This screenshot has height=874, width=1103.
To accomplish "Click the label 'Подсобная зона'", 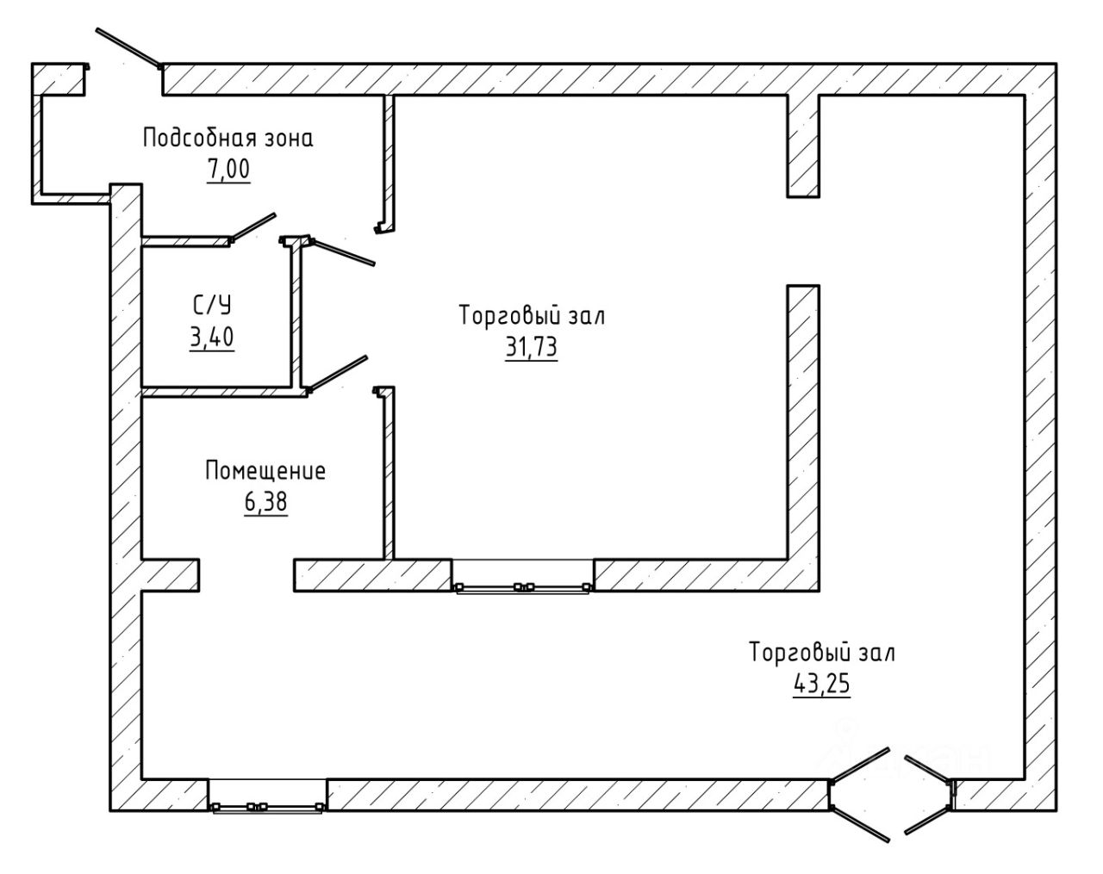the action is (x=228, y=139).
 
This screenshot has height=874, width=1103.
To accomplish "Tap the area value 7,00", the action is (x=228, y=170).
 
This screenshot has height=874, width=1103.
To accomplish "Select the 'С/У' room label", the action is (x=212, y=306).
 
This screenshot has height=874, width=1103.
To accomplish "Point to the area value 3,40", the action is (x=212, y=337).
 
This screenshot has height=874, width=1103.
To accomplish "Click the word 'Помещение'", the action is (x=265, y=471).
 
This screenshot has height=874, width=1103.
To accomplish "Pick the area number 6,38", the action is (x=265, y=502).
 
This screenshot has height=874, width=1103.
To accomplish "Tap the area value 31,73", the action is (x=531, y=347).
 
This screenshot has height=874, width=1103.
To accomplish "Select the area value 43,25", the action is (x=821, y=684).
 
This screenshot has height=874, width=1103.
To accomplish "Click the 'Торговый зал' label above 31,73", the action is (x=532, y=316).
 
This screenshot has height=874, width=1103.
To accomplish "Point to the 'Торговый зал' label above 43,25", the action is (x=822, y=653).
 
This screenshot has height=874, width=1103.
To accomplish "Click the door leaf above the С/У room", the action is (x=252, y=227).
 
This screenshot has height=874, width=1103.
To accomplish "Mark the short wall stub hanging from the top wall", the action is (x=803, y=146).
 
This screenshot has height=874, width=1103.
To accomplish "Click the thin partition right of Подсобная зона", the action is (x=389, y=163).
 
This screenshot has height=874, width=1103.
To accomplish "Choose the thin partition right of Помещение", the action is (x=389, y=473).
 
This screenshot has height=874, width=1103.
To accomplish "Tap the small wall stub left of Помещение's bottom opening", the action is (x=170, y=575).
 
